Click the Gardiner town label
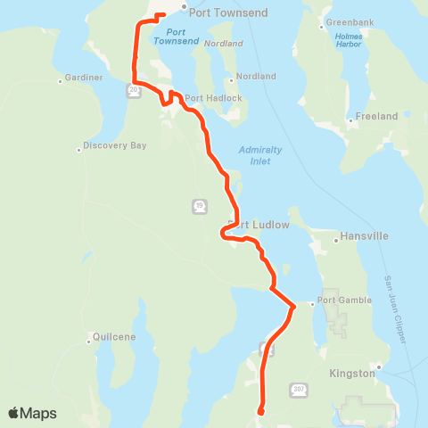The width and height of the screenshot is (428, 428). point(86,79)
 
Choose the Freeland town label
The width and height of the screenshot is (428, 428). point(376,116)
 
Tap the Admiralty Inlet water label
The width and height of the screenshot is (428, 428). point(260,154)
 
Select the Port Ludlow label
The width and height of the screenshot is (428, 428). point(259,225)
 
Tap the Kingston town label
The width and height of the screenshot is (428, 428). point(352,374)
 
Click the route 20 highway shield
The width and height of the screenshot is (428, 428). point(133,90)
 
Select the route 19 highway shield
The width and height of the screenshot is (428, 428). point(198,206)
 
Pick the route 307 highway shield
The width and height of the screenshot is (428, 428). point(298,390)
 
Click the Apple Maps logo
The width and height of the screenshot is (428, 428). point(33,413)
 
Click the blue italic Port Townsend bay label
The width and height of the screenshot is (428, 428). point(177,36)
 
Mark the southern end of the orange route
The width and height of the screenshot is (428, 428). point(259,412)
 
